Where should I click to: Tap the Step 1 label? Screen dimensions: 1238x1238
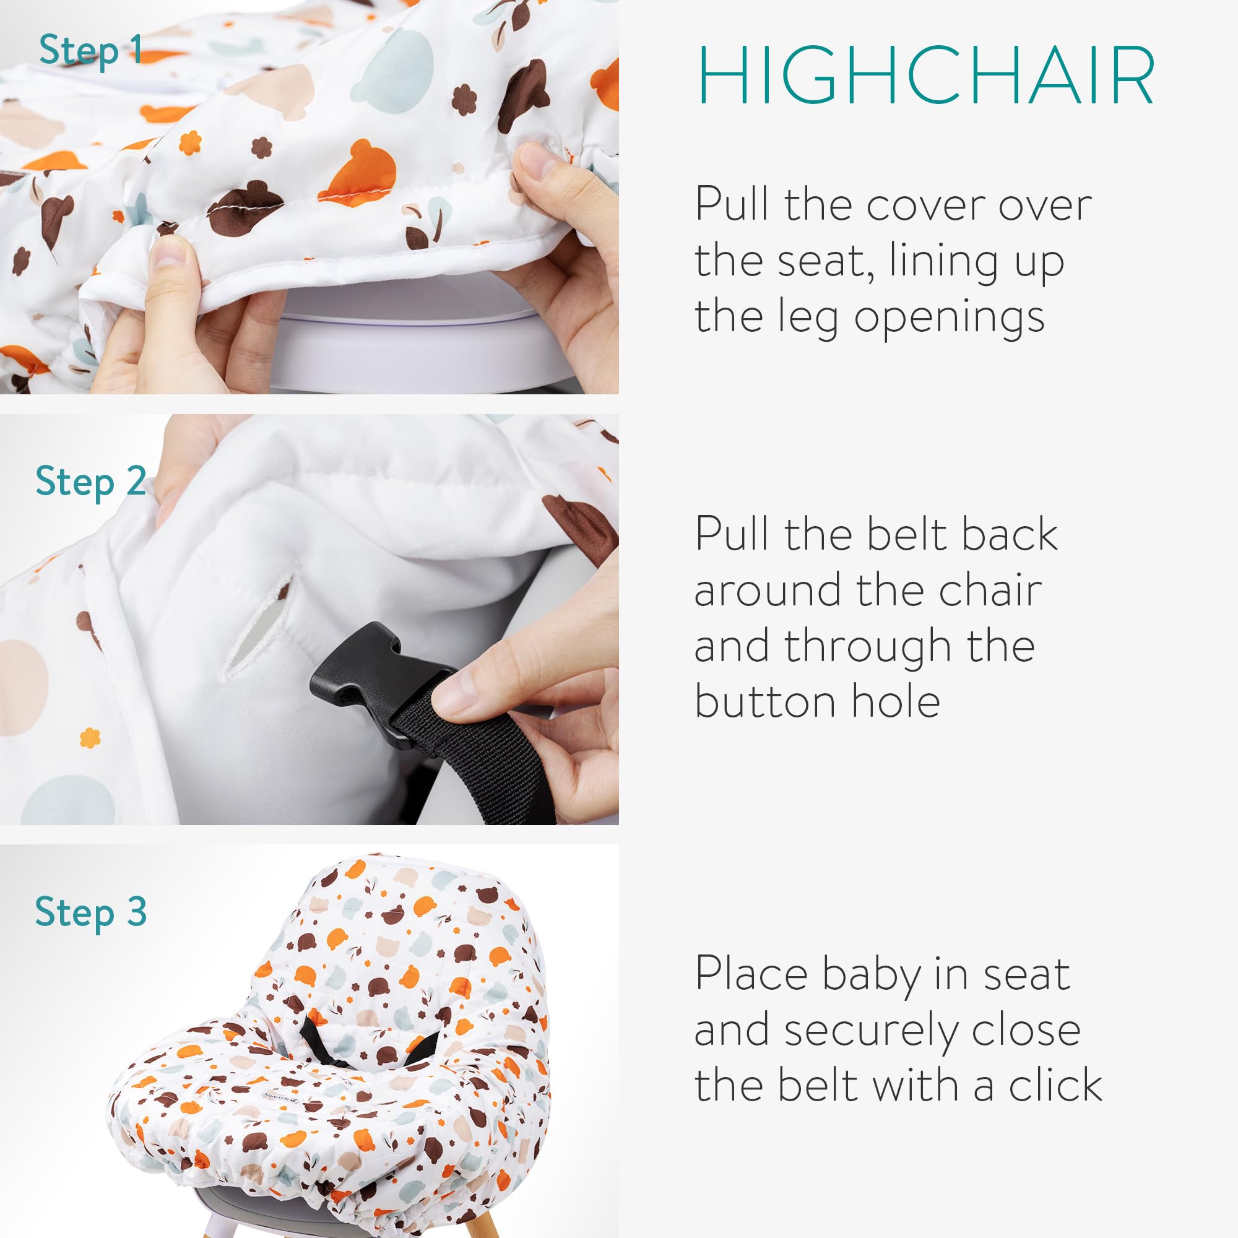click(90, 51)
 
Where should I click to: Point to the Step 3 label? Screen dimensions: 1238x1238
click(91, 912)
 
